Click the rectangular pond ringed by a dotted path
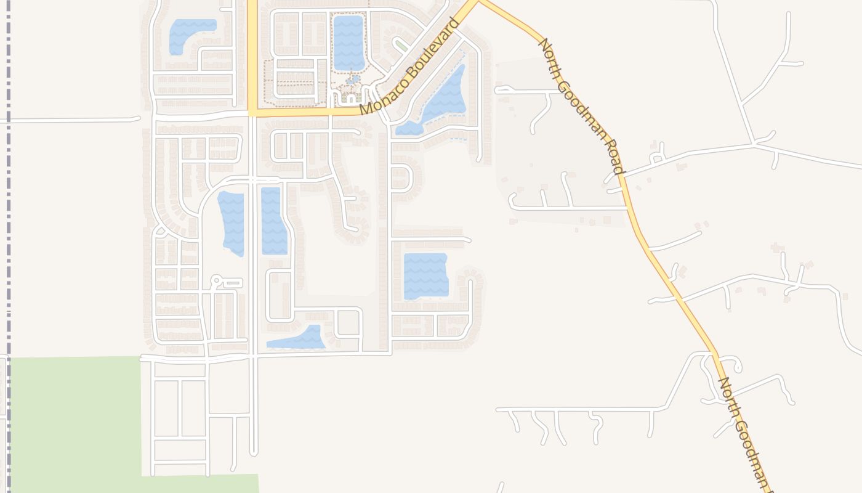tap(348, 42)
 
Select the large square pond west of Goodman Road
tap(425, 275)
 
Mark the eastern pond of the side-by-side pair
tap(273, 221)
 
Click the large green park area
tap(74, 419)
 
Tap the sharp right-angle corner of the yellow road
tap(252, 113)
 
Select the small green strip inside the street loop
tap(401, 46)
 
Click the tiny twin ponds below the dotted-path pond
tap(352, 79)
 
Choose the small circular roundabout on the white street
tap(216, 280)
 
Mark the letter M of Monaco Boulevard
tap(366, 109)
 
